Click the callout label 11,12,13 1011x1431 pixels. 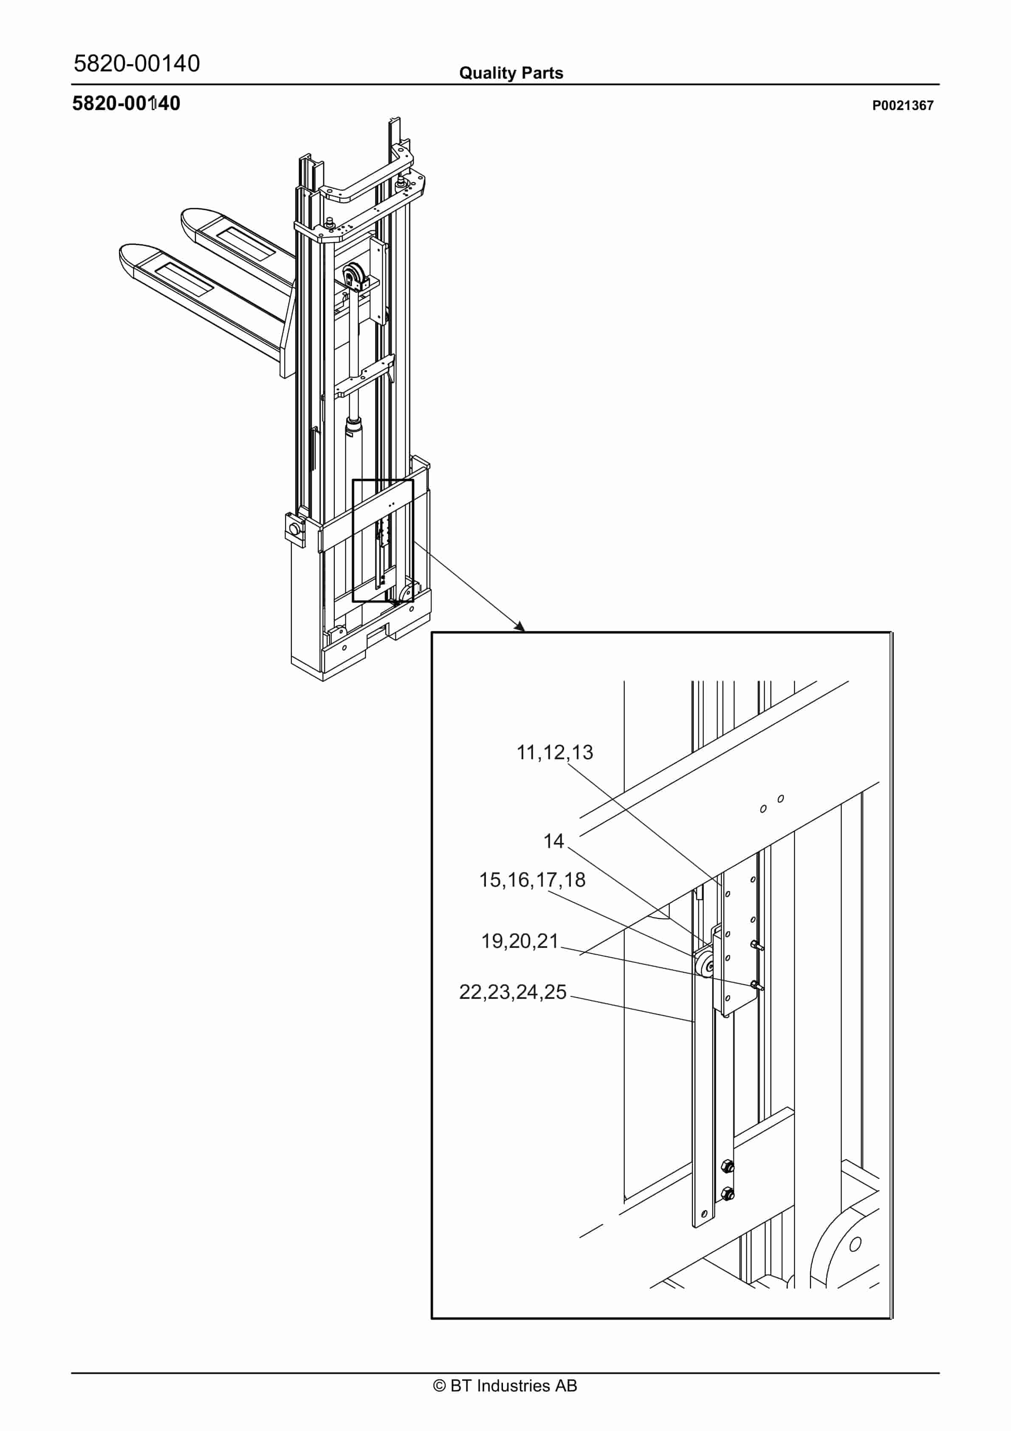[554, 752]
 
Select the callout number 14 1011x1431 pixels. [553, 841]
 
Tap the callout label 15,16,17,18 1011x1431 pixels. [532, 880]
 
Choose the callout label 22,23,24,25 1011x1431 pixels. [512, 992]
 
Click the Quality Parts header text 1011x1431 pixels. [511, 73]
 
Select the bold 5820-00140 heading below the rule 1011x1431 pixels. [126, 104]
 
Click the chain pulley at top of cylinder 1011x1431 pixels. [353, 275]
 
